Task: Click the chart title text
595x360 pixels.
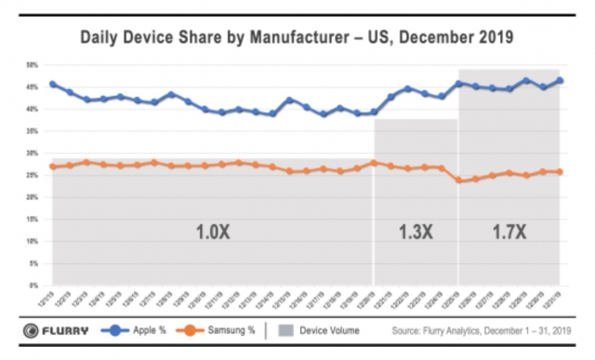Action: pyautogui.click(x=297, y=38)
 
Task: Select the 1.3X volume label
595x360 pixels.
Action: pyautogui.click(x=415, y=232)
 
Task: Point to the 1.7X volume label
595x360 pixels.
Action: pyautogui.click(x=509, y=232)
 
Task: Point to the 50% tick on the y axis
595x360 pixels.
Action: pyautogui.click(x=32, y=66)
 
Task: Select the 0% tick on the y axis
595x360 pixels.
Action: pyautogui.click(x=33, y=285)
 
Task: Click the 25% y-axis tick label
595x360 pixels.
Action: pyautogui.click(x=32, y=176)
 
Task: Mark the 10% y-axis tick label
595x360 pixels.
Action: pyautogui.click(x=32, y=241)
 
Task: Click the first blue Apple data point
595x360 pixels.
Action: pyautogui.click(x=52, y=84)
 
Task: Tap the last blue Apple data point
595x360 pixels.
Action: pyautogui.click(x=560, y=80)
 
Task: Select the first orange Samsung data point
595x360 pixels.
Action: pyautogui.click(x=52, y=167)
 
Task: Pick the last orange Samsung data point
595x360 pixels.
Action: pyautogui.click(x=560, y=171)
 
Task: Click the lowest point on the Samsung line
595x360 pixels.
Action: pyautogui.click(x=458, y=180)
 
